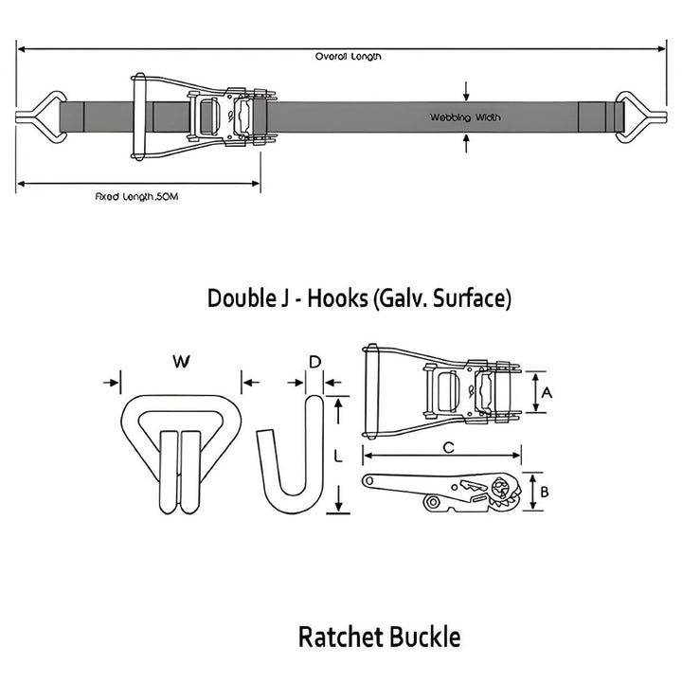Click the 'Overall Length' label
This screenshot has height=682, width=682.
pos(349,57)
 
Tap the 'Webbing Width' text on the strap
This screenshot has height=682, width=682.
pos(465,117)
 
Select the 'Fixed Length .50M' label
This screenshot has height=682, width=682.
pos(137,196)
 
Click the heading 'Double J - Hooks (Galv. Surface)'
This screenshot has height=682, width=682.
pos(359,299)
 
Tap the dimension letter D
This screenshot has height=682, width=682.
pos(315,361)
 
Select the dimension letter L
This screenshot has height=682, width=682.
pos(338,456)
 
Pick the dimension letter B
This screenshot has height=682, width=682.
pos(545,491)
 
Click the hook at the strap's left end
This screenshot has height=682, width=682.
pos(38,117)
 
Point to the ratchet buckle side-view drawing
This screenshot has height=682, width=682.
pos(441,492)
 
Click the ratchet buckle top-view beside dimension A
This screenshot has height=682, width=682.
pos(440,391)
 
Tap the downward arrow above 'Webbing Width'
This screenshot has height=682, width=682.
pos(465,92)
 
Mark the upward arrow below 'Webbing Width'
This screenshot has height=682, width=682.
pos(465,143)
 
